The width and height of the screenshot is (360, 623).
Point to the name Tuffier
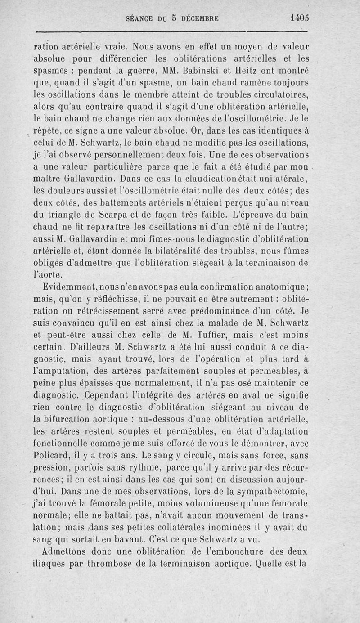211,334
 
